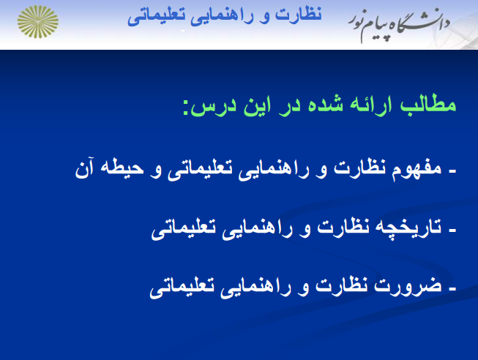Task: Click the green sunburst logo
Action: tap(38, 22)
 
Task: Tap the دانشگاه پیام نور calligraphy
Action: tap(400, 26)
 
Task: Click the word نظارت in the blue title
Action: tap(299, 15)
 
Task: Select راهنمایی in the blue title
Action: tap(222, 17)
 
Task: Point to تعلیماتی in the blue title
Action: tap(156, 17)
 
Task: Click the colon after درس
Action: tap(185, 109)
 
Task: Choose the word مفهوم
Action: tap(417, 169)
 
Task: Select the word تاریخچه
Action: tap(408, 228)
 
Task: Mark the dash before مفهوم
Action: tap(452, 172)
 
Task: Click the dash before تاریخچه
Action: tap(452, 231)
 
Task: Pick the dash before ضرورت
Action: tap(452, 290)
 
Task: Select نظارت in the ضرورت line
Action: tap(341, 285)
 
